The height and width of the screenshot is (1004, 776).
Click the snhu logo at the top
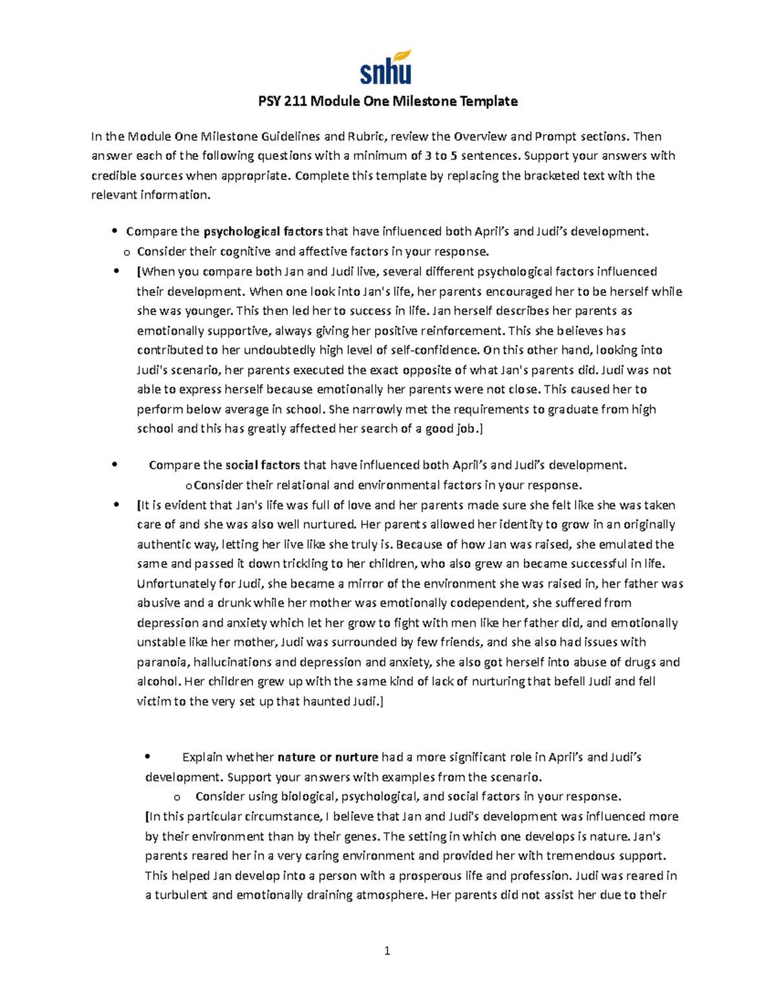pyautogui.click(x=385, y=69)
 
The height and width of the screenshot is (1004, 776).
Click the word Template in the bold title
pyautogui.click(x=488, y=101)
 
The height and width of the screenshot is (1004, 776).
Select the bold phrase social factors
pyautogui.click(x=263, y=465)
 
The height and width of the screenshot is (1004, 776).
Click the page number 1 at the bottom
pyautogui.click(x=387, y=951)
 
